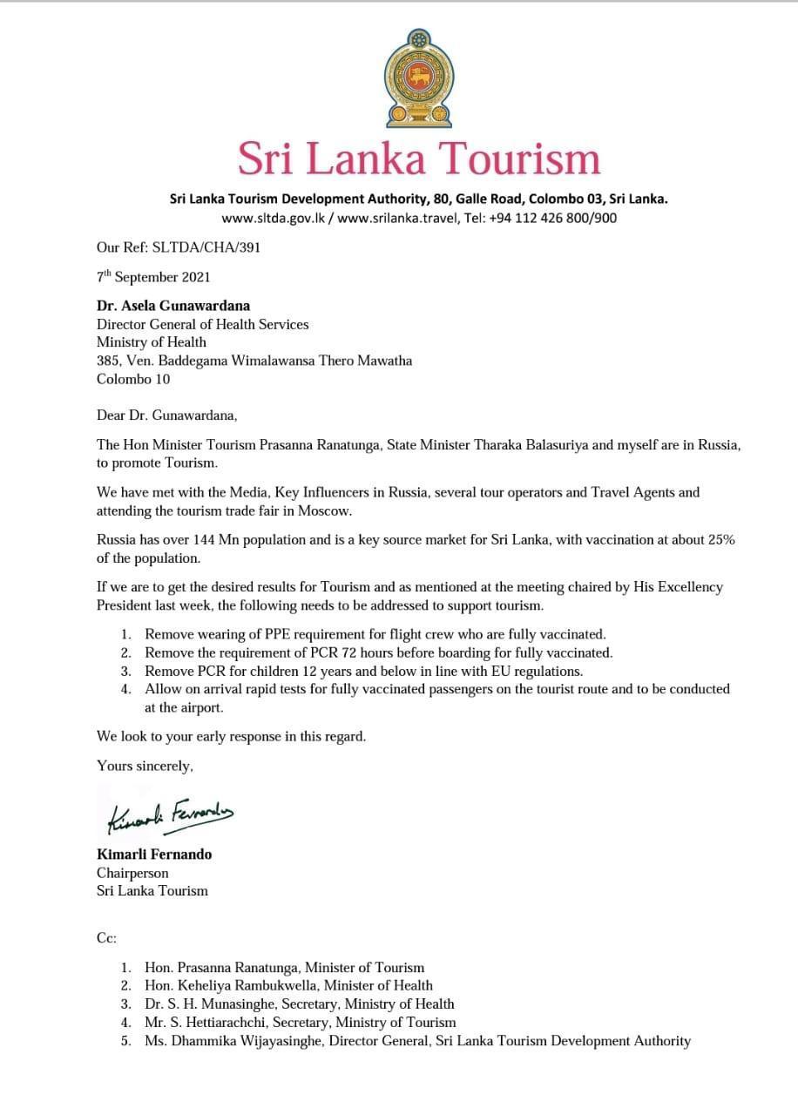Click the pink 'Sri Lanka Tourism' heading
coord(419,159)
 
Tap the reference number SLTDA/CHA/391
coord(206,247)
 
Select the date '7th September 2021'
coord(153,277)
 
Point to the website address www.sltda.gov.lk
coord(274,218)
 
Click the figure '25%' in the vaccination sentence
coord(719,539)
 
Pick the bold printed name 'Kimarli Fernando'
coord(154,854)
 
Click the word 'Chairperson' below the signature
coord(132,872)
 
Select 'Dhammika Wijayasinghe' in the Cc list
coord(241,1040)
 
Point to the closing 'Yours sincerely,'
coord(145,767)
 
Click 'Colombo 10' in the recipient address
coord(133,379)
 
